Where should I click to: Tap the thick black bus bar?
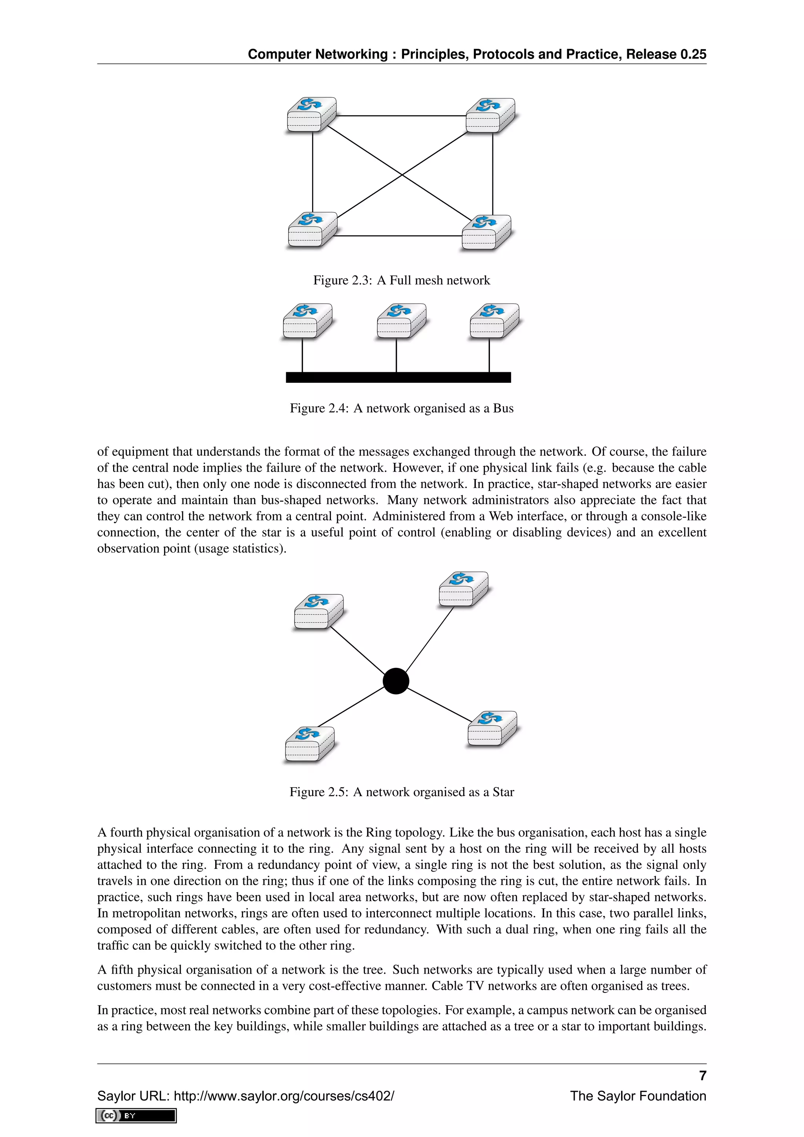coord(398,377)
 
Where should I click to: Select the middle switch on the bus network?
coord(401,321)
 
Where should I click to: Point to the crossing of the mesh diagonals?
coord(402,175)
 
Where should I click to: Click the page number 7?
coord(702,1076)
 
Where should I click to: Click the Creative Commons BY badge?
coord(136,1116)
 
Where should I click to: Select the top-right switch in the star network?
coord(463,589)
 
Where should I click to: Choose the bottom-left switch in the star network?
coord(309,744)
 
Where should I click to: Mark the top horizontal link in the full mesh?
coord(401,116)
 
